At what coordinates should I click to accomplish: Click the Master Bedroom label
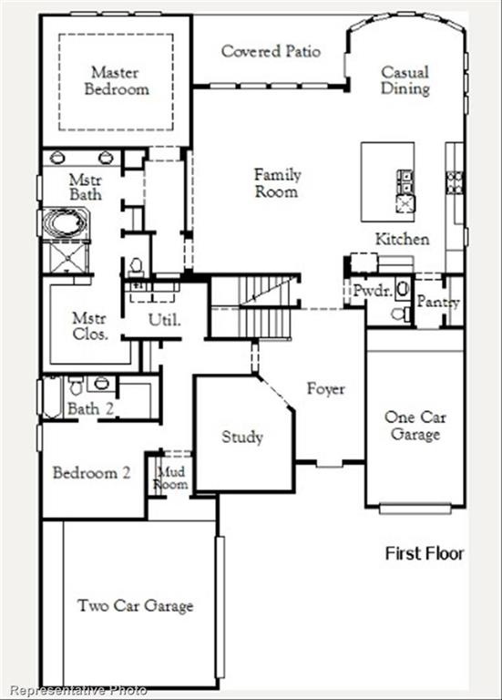point(116,80)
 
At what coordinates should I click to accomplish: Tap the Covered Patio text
point(271,51)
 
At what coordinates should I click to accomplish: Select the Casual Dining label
point(405,80)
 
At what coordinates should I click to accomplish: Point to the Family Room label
point(277,182)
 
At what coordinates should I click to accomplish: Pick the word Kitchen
point(402,239)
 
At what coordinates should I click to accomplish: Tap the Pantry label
point(438,303)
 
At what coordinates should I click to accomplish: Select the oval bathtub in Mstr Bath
point(63,223)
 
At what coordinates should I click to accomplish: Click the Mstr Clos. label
point(90,325)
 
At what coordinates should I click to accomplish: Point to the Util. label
point(165,320)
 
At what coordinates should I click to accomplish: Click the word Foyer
point(325,389)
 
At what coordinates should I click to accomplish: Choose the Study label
point(242,437)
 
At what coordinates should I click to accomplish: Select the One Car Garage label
point(415,426)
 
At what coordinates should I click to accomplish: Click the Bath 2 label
point(90,408)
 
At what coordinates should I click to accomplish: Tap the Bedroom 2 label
point(91,473)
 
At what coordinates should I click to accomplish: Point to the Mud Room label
point(172,478)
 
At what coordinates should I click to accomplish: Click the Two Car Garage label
point(135,605)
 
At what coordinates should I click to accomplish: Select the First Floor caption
point(425,553)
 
